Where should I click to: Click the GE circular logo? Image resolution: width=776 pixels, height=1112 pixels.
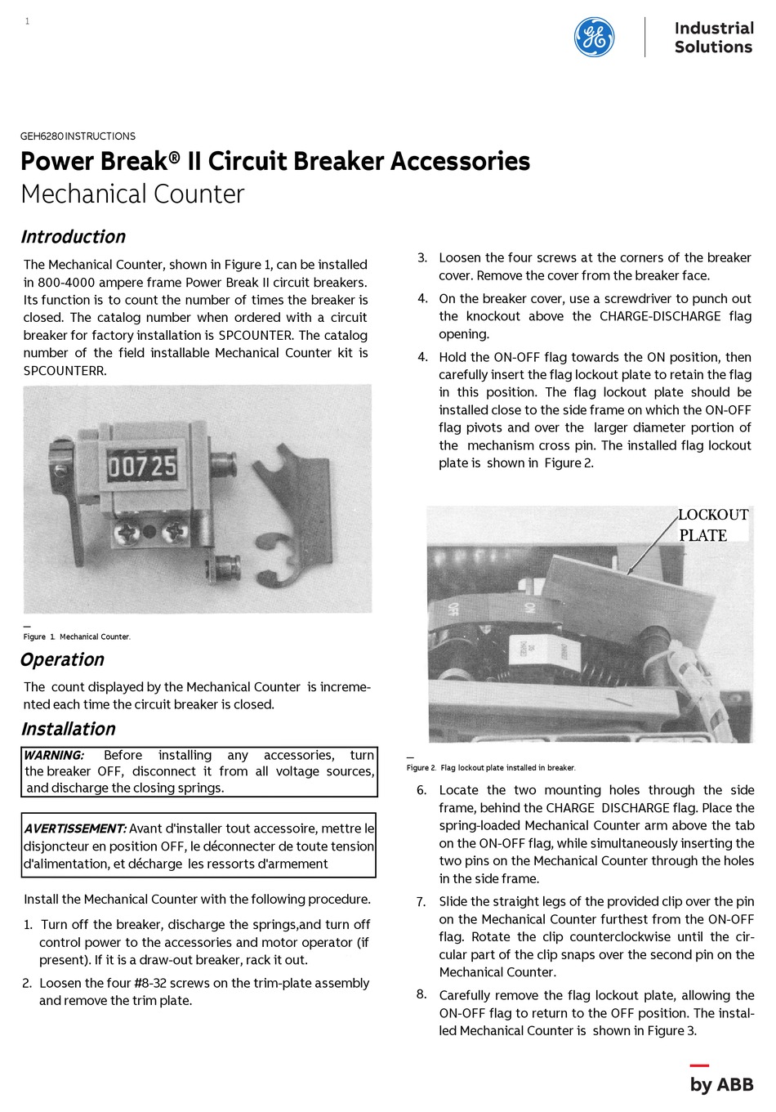(594, 38)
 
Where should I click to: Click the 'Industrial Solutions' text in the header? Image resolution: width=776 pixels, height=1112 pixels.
(712, 38)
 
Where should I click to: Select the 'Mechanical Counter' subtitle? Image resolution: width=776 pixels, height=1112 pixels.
(132, 194)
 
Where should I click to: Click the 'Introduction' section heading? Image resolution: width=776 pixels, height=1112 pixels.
(73, 237)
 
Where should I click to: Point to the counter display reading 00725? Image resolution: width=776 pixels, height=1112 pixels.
(142, 467)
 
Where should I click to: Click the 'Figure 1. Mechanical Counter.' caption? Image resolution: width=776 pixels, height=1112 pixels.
(77, 636)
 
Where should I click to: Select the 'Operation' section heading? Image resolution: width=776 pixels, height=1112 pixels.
(62, 659)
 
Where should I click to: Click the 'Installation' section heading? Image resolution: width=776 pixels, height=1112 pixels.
(68, 729)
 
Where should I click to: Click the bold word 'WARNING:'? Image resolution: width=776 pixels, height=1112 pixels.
(54, 756)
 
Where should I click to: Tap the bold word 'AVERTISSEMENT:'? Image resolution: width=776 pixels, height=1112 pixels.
(75, 828)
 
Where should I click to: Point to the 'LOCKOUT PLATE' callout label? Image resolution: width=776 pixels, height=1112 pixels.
(712, 525)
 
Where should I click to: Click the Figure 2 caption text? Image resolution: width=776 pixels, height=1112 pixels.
(491, 768)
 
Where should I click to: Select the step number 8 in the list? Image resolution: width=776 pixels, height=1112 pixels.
(421, 994)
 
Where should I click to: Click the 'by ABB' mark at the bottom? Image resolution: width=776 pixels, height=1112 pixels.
(720, 1084)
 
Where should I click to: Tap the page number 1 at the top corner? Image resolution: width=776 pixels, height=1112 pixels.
(27, 21)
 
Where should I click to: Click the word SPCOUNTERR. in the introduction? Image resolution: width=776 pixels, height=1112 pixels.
(65, 371)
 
